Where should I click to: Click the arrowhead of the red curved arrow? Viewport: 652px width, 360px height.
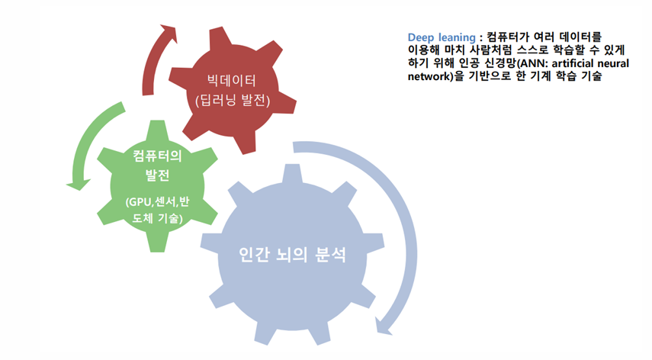point(165,31)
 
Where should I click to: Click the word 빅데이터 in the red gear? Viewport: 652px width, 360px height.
point(233,79)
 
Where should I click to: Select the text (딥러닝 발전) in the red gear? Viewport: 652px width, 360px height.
point(233,100)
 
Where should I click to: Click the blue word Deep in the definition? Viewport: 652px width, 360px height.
point(422,37)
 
